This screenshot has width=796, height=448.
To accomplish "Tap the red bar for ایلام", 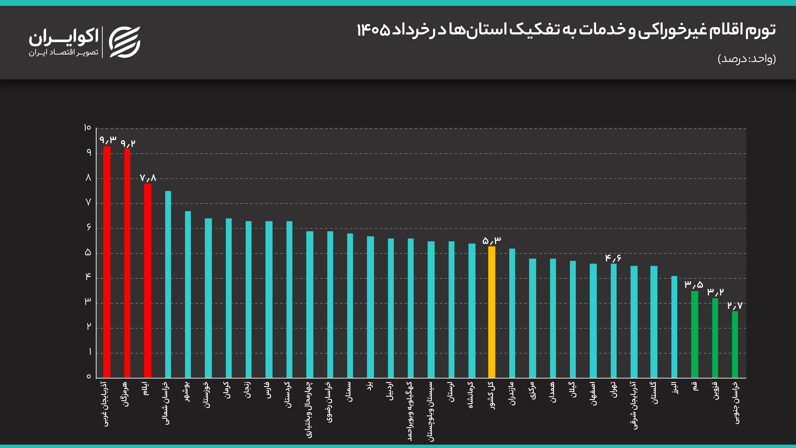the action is click(x=148, y=281).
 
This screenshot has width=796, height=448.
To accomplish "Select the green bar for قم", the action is click(x=695, y=335).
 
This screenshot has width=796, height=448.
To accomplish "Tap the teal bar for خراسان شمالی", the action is click(x=168, y=284).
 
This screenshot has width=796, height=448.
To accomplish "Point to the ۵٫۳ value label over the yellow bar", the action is click(x=492, y=240).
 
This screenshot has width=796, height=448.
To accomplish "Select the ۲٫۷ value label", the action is click(x=735, y=305).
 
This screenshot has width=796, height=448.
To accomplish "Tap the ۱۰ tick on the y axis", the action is click(x=87, y=128).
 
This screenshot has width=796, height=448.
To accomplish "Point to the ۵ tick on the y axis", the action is click(x=88, y=253).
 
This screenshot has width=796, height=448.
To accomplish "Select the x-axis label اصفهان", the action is click(x=593, y=394).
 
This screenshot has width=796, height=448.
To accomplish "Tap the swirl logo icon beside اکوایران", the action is click(x=125, y=42).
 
